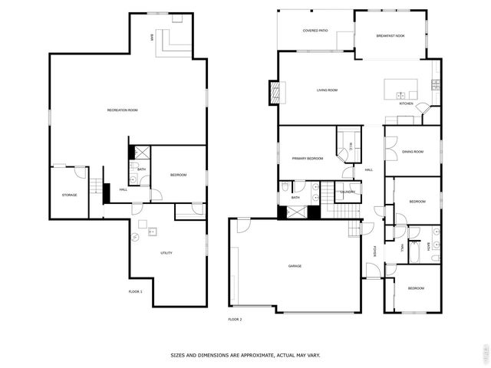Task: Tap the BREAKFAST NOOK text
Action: (390, 36)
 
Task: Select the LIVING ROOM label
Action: (328, 90)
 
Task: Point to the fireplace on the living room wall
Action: (275, 92)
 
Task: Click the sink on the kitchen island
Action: (401, 95)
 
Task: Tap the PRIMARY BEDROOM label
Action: (307, 158)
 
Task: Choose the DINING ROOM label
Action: (413, 152)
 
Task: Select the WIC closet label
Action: (351, 146)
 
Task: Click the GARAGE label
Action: (295, 266)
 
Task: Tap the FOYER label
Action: (374, 250)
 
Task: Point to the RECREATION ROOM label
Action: (122, 110)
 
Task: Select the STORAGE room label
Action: (69, 195)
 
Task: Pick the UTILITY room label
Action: (166, 252)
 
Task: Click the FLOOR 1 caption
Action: (135, 291)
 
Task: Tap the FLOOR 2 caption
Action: (235, 319)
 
